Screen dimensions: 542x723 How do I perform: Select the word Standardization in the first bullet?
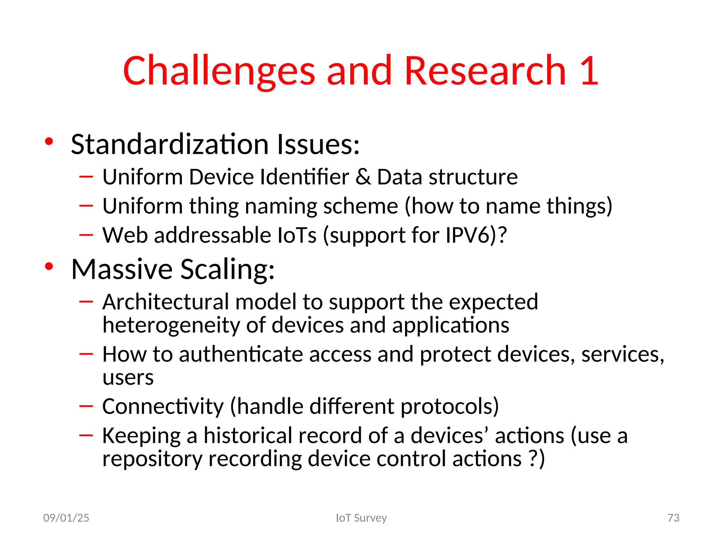[x=170, y=144]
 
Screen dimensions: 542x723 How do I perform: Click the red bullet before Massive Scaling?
[x=49, y=267]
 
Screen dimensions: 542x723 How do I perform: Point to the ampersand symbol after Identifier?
[x=363, y=177]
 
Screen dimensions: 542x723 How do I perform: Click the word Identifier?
[x=304, y=177]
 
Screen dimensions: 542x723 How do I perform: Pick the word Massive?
[x=122, y=269]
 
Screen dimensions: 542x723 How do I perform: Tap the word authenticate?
[x=241, y=354]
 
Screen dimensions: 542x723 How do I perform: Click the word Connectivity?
[x=163, y=406]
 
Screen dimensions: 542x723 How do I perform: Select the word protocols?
[x=449, y=406]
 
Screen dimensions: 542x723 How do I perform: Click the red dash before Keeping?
[x=86, y=435]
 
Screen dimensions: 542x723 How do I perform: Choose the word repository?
[x=152, y=459]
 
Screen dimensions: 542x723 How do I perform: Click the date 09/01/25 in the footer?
[x=66, y=518]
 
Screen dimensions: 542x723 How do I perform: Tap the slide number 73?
[x=673, y=518]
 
